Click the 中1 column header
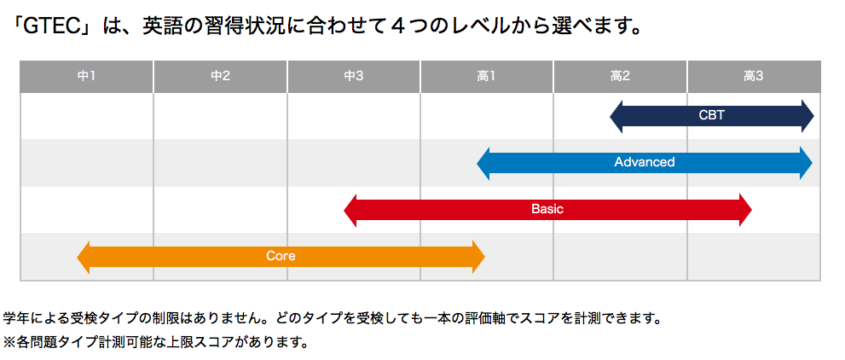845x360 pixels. (86, 77)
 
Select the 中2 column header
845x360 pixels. (220, 77)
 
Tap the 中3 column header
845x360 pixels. (354, 77)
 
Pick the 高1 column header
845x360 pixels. (487, 77)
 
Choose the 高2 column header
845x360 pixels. (620, 77)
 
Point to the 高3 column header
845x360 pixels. (754, 77)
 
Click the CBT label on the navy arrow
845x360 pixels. (711, 116)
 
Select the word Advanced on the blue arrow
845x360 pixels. (645, 162)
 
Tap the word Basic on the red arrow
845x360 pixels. (547, 209)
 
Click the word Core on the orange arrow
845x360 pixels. (281, 256)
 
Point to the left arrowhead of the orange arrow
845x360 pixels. (83, 257)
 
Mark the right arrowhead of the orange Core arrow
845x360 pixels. (479, 257)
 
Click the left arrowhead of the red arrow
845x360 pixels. (350, 210)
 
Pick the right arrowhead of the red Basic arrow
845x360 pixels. (746, 210)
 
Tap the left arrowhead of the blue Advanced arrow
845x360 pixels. (483, 163)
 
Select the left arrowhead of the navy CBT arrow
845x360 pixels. (616, 116)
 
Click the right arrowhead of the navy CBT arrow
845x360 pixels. (807, 116)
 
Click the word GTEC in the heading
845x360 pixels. (53, 27)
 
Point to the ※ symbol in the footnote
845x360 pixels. (9, 342)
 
